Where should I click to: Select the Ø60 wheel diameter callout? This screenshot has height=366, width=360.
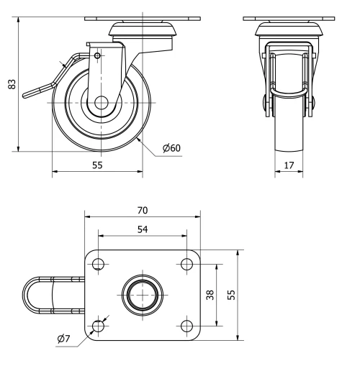tap(171, 148)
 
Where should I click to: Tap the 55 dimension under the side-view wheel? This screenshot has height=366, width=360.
tap(97, 165)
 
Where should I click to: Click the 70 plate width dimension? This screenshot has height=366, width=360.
tap(142, 210)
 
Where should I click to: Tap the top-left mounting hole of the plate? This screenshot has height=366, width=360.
tap(99, 263)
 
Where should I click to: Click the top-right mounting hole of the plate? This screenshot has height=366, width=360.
tap(186, 263)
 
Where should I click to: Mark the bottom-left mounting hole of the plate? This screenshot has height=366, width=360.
tap(99, 326)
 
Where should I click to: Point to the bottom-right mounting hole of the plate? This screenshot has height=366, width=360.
tap(186, 326)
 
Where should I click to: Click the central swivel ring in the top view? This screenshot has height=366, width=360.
tap(142, 294)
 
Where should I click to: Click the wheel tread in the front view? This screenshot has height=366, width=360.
tap(289, 133)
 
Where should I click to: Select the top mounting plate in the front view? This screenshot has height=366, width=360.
tap(289, 18)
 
